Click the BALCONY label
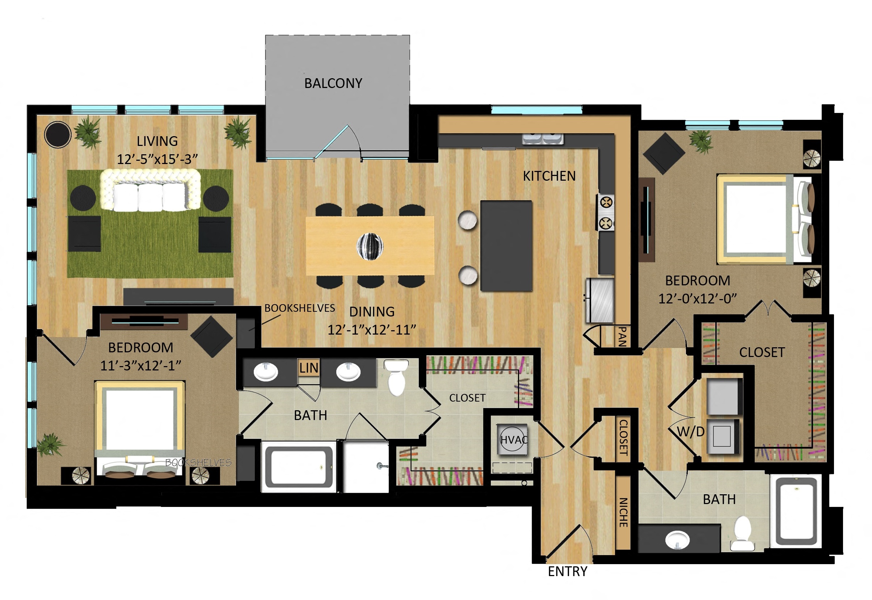(x=333, y=83)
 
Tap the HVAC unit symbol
(x=512, y=440)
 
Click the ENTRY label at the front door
(x=567, y=571)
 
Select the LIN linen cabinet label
(x=308, y=368)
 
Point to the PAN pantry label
(x=622, y=336)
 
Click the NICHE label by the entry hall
(x=623, y=512)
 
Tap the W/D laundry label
(x=691, y=432)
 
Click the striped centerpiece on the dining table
(x=370, y=246)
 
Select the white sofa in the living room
(x=150, y=190)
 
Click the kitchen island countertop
(x=506, y=246)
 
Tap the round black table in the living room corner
(x=58, y=134)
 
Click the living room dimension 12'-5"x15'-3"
(x=157, y=159)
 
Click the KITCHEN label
(x=549, y=176)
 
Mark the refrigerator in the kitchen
(x=601, y=300)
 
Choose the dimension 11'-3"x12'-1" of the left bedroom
(x=140, y=365)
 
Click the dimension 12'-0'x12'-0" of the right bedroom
(x=698, y=298)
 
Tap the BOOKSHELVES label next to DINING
(x=299, y=308)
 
